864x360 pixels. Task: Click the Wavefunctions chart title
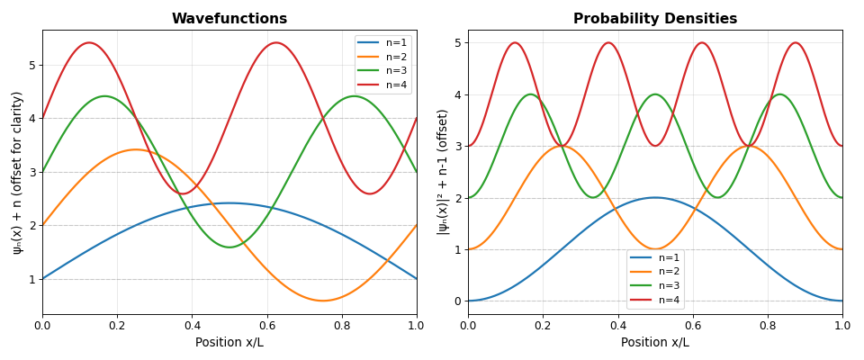pos(229,19)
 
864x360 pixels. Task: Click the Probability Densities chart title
pos(655,19)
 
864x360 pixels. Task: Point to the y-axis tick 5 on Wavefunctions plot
pos(32,65)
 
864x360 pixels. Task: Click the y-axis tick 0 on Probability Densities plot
pos(458,301)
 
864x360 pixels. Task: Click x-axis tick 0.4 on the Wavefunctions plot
pos(192,324)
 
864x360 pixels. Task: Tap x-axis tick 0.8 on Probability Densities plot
pos(768,324)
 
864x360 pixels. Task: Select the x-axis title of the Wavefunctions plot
pos(229,343)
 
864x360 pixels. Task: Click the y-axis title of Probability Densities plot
pos(443,172)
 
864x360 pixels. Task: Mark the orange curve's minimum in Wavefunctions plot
pos(323,301)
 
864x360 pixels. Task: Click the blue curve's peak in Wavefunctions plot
pos(229,202)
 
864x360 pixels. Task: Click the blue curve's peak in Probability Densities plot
pos(655,197)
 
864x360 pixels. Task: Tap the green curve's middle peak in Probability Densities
pos(655,94)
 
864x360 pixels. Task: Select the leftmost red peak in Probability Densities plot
pos(515,42)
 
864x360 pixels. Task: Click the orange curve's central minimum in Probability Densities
pos(655,249)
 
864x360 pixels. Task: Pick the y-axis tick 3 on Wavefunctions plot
pos(32,172)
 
